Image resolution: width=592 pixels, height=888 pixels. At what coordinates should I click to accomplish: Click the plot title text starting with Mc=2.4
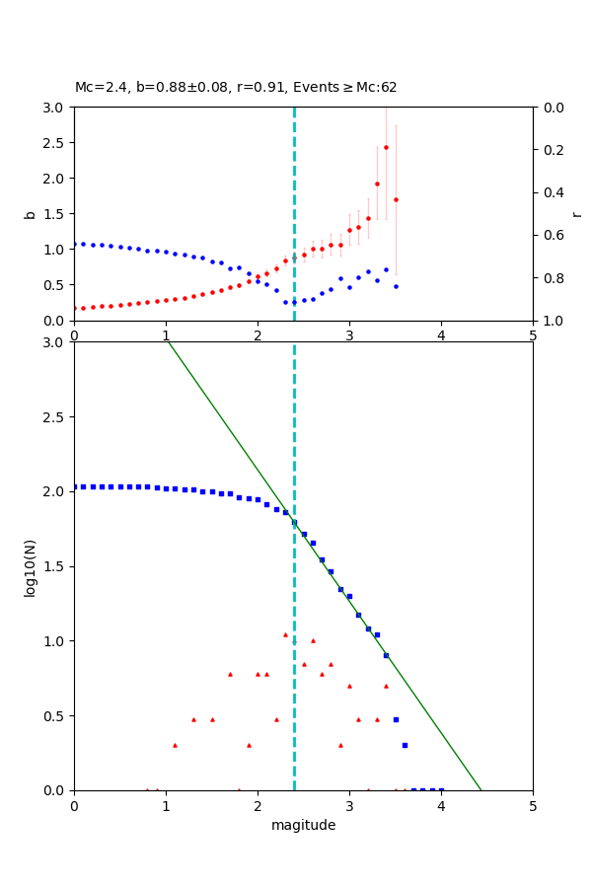click(x=236, y=88)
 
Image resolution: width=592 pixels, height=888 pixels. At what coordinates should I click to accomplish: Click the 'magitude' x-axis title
click(x=303, y=825)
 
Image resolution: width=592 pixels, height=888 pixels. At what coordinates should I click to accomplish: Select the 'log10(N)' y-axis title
click(x=30, y=566)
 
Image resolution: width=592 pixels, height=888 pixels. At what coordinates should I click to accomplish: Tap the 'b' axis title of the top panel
click(x=30, y=214)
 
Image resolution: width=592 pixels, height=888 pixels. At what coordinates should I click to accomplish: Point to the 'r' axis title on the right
click(x=576, y=214)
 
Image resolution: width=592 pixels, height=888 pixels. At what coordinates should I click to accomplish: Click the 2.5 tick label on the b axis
click(x=54, y=143)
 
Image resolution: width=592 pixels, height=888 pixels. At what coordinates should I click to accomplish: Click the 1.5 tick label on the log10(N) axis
click(x=54, y=566)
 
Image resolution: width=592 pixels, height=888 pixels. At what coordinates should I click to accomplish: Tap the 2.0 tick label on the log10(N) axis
click(x=54, y=491)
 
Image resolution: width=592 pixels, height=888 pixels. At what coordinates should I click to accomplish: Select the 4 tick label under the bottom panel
click(x=441, y=806)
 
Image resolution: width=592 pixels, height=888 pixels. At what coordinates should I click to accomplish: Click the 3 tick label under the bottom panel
click(x=349, y=806)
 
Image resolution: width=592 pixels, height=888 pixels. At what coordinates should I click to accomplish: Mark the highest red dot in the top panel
click(x=386, y=147)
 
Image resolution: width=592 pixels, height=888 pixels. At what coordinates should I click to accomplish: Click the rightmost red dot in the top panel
click(x=396, y=199)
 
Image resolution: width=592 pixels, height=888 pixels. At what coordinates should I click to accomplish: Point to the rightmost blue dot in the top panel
click(x=396, y=286)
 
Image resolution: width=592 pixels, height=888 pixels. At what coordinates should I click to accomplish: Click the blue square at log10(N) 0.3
click(x=405, y=745)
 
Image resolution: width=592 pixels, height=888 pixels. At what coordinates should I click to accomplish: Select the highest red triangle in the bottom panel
click(x=285, y=634)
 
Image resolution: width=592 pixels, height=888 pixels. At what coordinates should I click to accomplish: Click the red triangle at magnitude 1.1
click(x=175, y=745)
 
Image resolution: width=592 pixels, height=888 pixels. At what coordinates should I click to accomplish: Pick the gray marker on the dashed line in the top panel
click(x=294, y=258)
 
